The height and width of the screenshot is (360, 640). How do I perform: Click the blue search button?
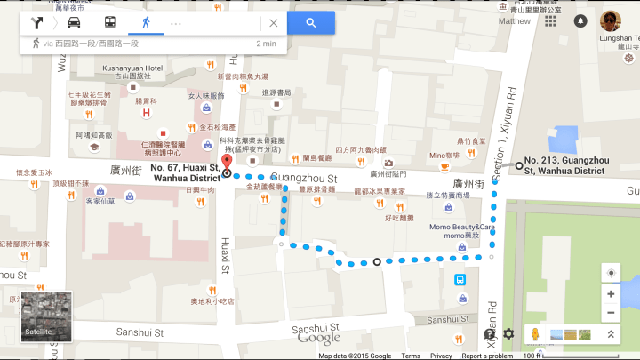[310, 23]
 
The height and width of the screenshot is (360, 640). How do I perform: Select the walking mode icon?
[145, 23]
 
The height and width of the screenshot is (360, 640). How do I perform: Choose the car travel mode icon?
[75, 23]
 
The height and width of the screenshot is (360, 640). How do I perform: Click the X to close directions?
[273, 23]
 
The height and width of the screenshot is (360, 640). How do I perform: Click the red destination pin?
[226, 163]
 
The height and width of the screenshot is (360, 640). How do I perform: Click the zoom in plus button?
[611, 294]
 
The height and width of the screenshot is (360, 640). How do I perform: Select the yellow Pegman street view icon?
[535, 334]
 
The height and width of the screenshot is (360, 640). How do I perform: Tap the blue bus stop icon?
[460, 279]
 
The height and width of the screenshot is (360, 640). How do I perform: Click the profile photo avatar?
[610, 20]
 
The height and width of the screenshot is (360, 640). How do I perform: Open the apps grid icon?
[551, 20]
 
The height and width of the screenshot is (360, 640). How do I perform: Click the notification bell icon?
[580, 20]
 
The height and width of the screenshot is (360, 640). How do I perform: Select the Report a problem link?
[486, 356]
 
